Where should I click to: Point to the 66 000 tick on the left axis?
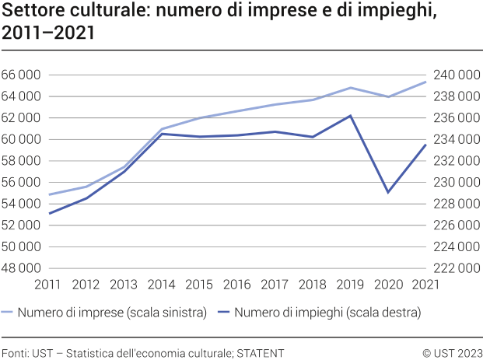tap(21, 75)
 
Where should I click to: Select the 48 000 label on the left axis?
tap(21, 268)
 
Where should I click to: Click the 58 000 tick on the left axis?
tap(21, 161)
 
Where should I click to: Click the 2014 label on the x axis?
tap(161, 285)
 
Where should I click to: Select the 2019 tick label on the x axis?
tap(350, 285)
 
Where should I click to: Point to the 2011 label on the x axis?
tap(48, 285)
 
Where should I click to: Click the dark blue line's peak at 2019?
tap(350, 116)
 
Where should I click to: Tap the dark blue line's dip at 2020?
tap(388, 192)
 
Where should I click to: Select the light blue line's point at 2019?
tap(350, 88)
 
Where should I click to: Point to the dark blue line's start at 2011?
tap(48, 214)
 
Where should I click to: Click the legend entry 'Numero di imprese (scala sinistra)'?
tap(113, 313)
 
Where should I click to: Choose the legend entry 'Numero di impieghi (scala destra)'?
tap(327, 313)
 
